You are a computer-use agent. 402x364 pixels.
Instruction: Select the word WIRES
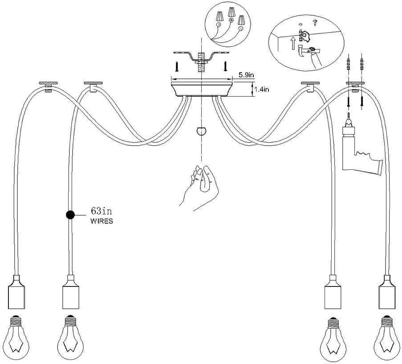click(102, 221)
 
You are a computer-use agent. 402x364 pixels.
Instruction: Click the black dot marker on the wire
click(70, 215)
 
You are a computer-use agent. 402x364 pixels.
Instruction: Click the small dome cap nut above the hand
click(202, 132)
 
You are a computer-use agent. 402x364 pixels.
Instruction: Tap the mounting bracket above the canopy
click(201, 57)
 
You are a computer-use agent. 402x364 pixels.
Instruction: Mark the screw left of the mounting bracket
click(177, 66)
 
